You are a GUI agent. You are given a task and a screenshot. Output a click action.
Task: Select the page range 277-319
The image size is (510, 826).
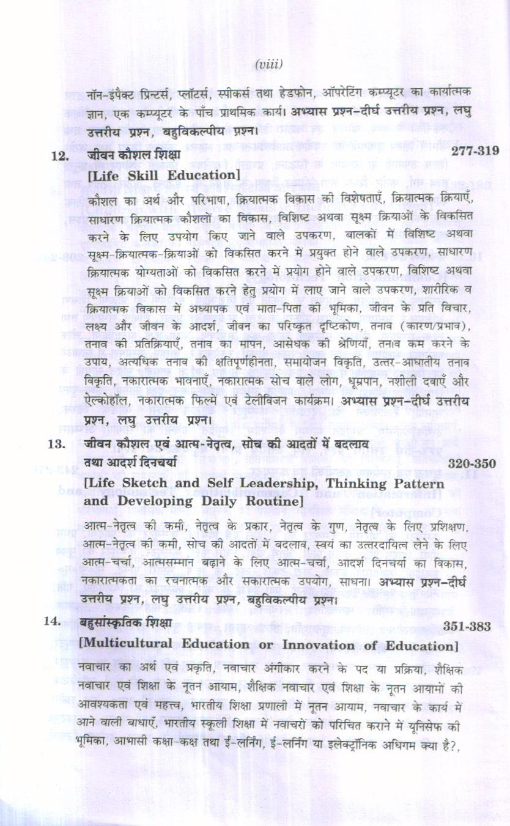(x=475, y=150)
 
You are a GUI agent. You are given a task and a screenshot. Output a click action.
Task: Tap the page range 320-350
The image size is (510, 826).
(x=471, y=463)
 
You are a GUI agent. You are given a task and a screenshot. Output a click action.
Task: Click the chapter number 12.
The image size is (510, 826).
(x=59, y=157)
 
